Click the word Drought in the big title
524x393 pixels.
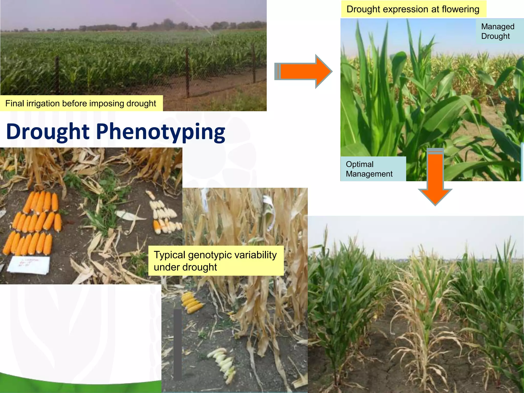48,132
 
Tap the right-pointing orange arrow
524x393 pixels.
303,71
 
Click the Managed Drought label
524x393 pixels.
497,31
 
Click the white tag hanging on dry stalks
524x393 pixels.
269,212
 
